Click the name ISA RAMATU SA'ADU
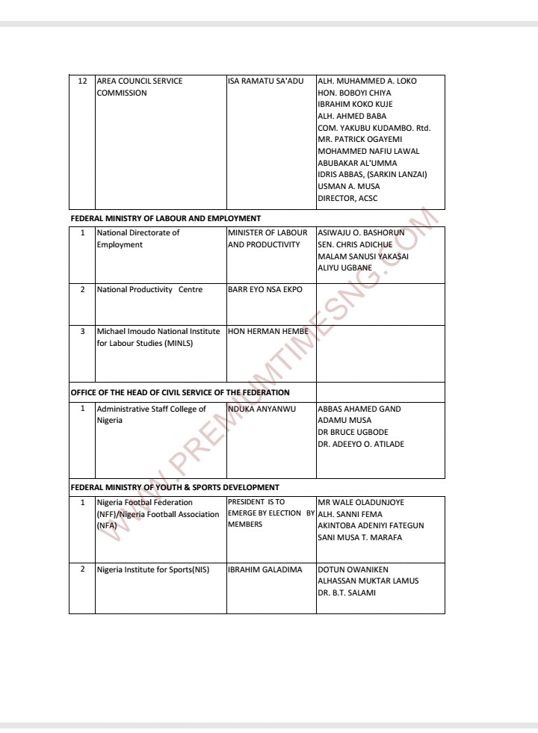(x=265, y=81)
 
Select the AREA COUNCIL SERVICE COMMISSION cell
(x=139, y=87)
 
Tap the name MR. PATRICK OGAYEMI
(x=359, y=139)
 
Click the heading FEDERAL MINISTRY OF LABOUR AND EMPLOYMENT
(x=165, y=218)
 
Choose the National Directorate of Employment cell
(x=138, y=238)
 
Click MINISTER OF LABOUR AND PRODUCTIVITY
(x=267, y=238)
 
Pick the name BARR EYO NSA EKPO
(x=265, y=289)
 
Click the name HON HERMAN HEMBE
(x=268, y=331)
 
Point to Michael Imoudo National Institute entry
(x=158, y=337)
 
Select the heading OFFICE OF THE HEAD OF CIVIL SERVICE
(x=180, y=392)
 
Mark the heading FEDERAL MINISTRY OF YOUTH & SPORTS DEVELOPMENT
(x=175, y=487)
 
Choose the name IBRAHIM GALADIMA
(x=265, y=569)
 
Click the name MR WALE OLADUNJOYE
(x=361, y=502)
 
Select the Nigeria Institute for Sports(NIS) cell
(x=152, y=569)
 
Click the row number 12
(x=83, y=81)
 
